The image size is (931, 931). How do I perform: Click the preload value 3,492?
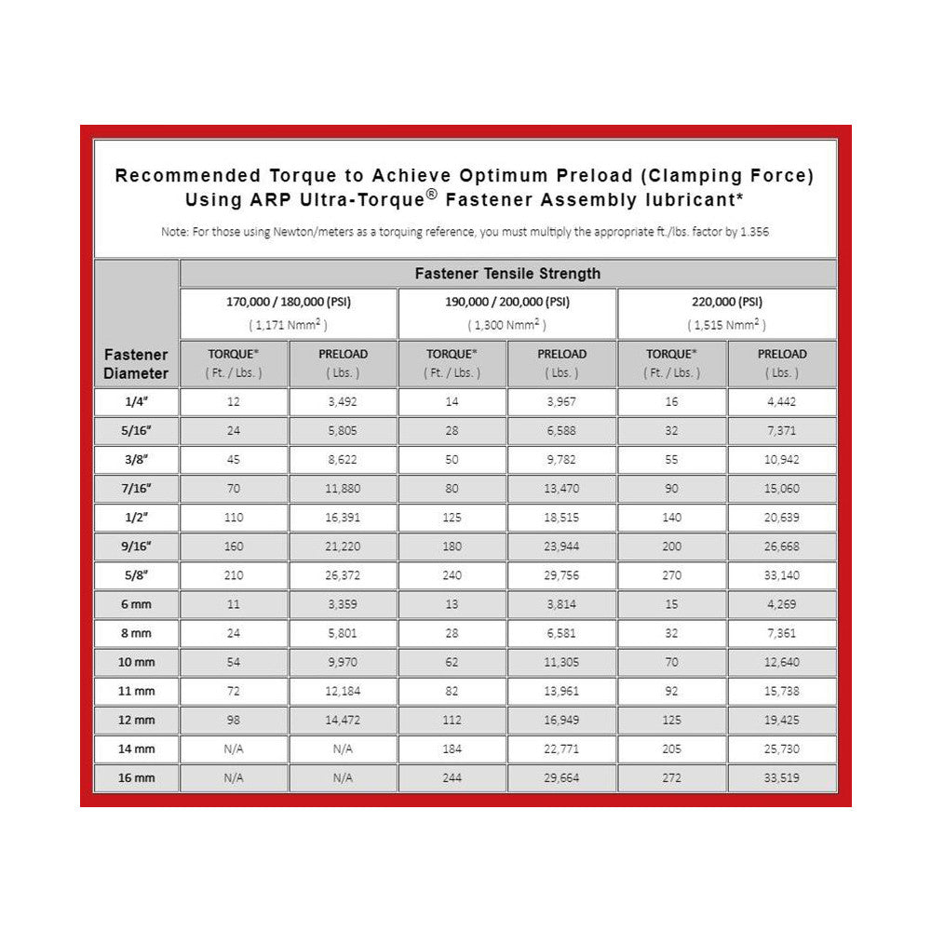[344, 402]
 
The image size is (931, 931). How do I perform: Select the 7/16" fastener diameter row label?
[136, 489]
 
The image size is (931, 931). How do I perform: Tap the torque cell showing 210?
[234, 575]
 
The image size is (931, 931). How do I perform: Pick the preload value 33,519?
[781, 778]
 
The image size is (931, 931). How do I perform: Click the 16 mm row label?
[136, 778]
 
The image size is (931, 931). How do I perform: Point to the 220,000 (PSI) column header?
[726, 302]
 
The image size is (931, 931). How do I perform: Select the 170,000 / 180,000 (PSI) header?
[289, 302]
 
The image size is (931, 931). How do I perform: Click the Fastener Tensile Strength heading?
[507, 274]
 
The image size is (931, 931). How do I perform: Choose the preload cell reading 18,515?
[561, 518]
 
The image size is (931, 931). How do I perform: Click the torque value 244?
[452, 778]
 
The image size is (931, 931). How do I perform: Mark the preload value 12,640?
[781, 663]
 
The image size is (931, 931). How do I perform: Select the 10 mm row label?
[136, 663]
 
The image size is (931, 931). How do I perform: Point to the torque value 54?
[234, 663]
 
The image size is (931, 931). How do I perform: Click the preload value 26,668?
[781, 546]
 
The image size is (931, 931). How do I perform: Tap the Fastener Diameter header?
[136, 364]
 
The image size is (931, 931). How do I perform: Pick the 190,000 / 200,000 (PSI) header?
[507, 302]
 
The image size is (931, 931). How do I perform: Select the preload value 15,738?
[781, 692]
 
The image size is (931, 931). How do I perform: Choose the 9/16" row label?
[136, 546]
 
